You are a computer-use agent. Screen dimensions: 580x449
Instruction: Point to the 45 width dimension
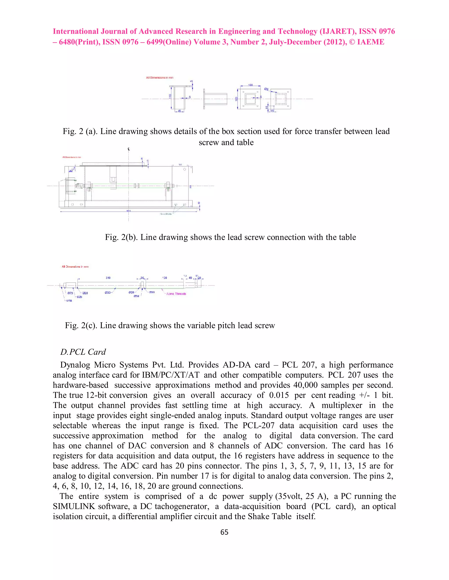179,111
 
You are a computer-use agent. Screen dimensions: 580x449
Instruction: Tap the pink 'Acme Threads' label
176,294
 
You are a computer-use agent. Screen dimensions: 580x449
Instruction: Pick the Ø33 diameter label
107,292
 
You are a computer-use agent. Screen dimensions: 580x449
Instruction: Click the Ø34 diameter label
136,296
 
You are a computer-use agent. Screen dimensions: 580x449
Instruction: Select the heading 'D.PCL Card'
83,352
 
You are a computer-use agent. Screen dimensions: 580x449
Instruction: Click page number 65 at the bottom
224,532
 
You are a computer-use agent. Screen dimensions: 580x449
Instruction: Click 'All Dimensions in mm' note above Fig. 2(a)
160,77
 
